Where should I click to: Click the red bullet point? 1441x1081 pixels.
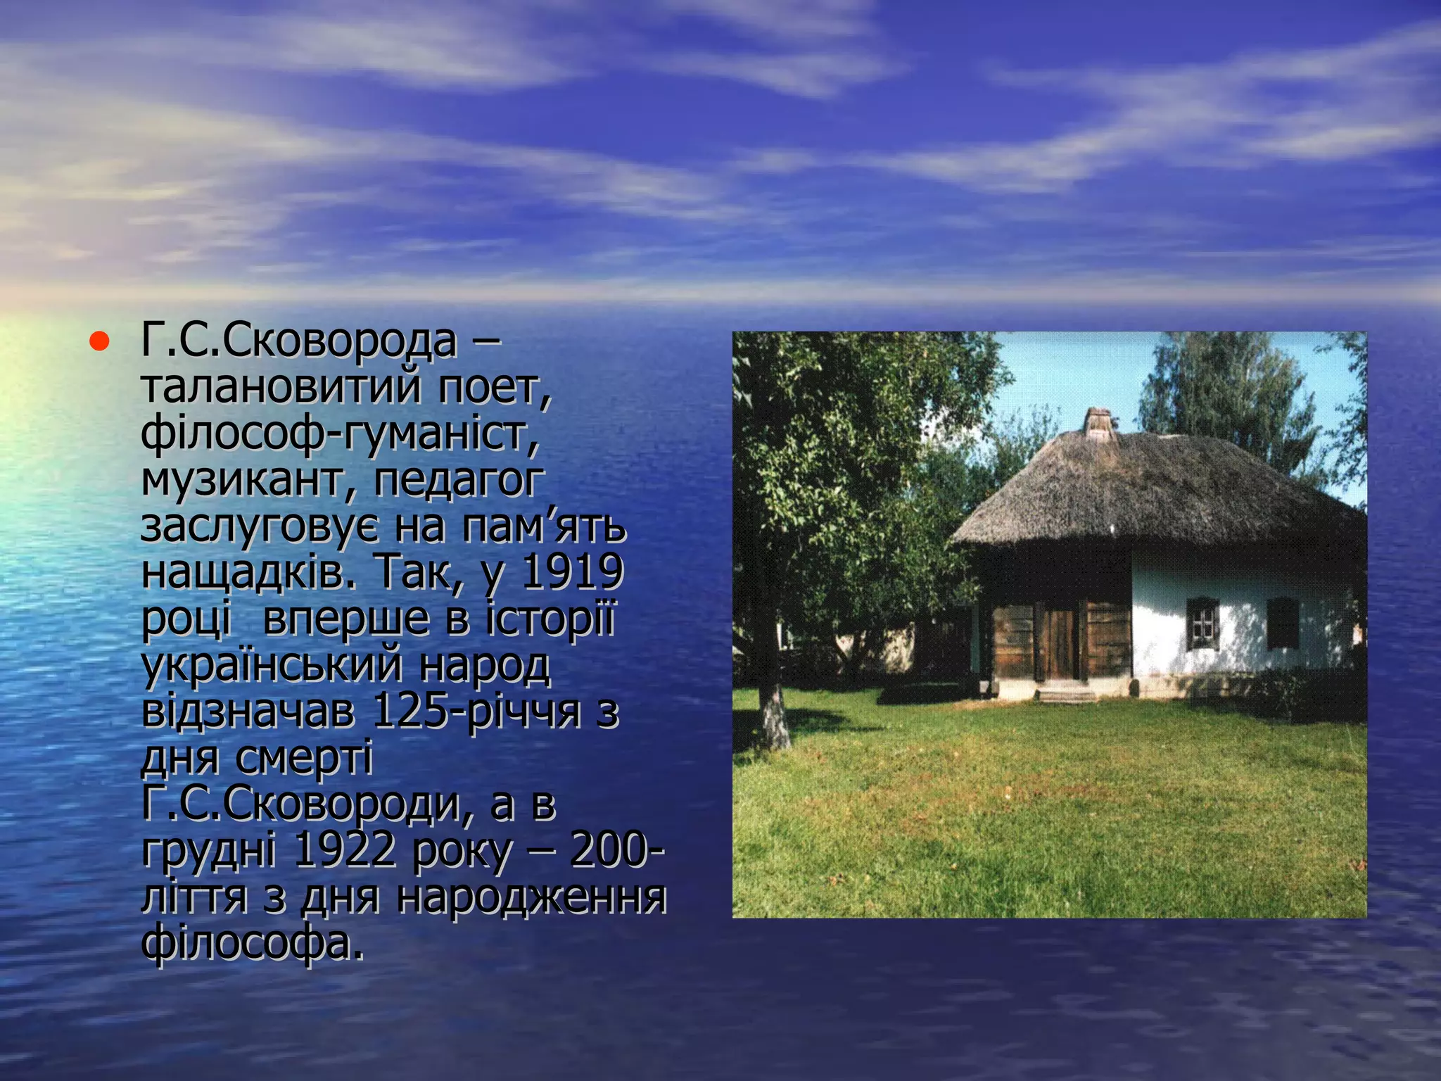99,343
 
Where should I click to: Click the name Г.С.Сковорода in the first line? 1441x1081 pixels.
298,342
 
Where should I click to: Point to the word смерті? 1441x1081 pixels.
303,759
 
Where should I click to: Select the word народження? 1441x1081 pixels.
531,897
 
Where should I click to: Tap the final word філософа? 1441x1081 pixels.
253,944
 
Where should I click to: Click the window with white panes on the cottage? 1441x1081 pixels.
1202,624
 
